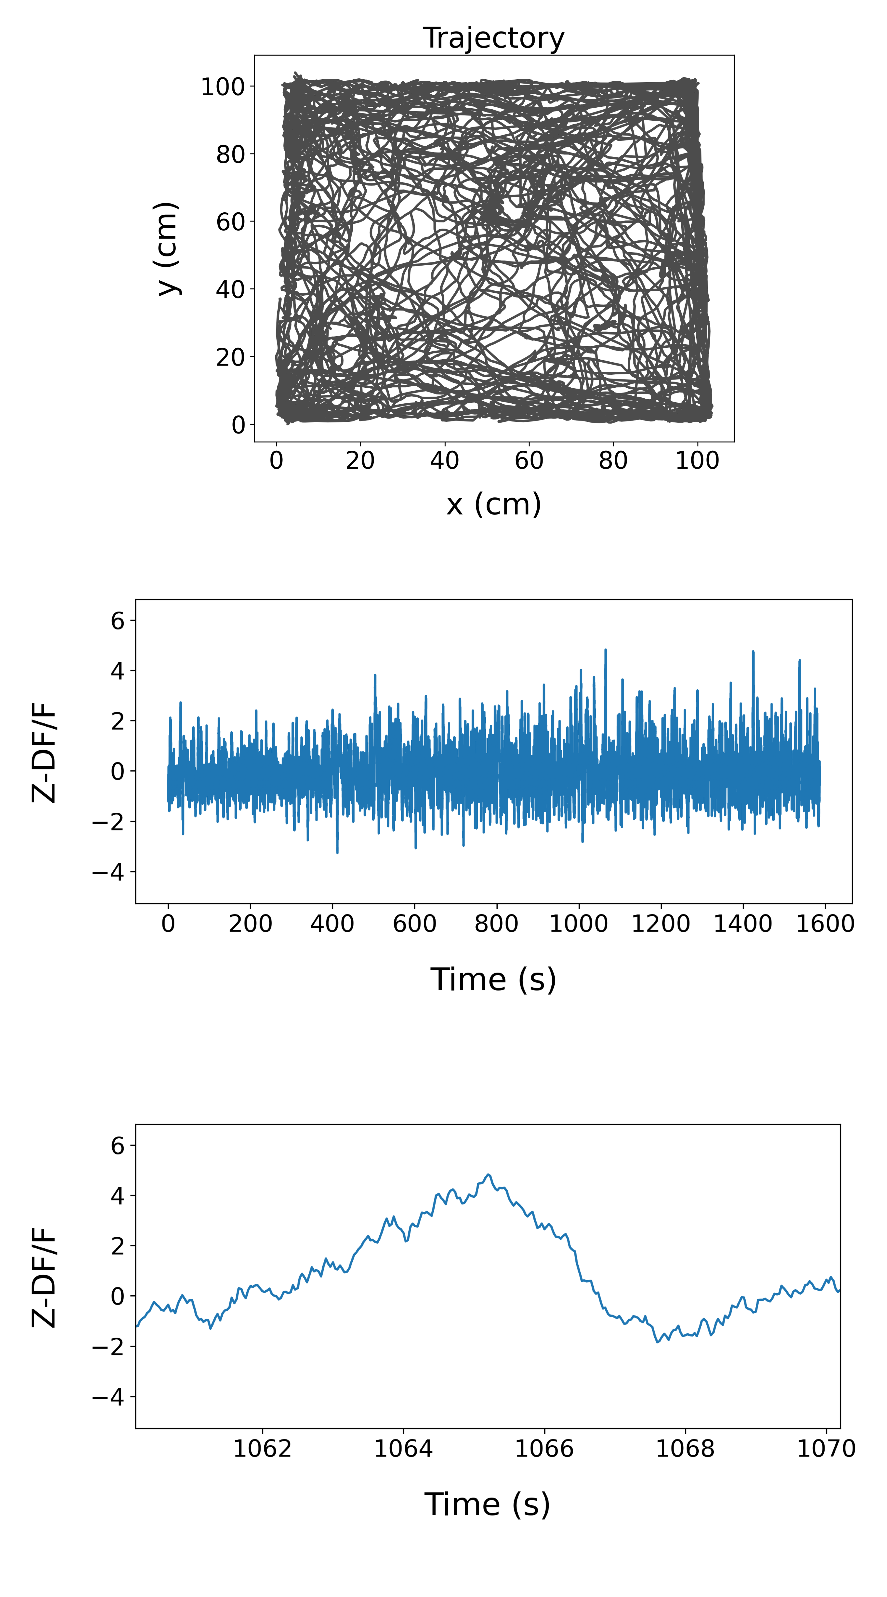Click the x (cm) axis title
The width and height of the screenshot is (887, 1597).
[493, 504]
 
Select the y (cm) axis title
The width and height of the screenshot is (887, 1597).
[167, 249]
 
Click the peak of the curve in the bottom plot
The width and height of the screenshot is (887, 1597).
[488, 1175]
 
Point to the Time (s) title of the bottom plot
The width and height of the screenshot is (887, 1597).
[487, 1505]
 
